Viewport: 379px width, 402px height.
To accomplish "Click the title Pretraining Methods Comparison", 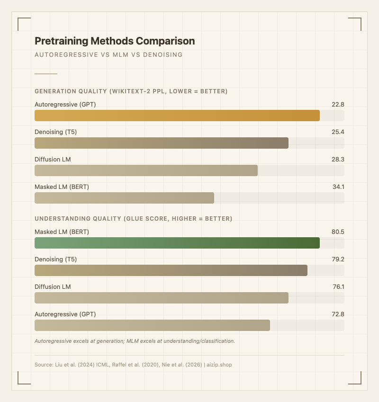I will [115, 41].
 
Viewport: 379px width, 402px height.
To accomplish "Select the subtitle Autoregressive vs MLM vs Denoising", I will [108, 55].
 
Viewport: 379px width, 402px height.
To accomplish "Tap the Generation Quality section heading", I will [131, 91].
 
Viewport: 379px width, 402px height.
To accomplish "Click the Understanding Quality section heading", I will [133, 218].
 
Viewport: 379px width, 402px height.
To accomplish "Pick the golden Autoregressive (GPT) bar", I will [177, 116].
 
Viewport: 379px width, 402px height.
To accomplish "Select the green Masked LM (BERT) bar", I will [177, 243].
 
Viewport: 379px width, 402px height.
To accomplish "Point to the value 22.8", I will [338, 105].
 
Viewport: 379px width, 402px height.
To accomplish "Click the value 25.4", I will [338, 132].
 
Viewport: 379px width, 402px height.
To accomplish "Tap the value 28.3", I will [338, 160].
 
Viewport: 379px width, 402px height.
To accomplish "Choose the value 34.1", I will [338, 187].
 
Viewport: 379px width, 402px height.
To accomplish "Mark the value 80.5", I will [338, 232].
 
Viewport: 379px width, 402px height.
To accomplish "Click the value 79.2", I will [338, 259].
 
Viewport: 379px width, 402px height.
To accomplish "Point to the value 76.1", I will [338, 287].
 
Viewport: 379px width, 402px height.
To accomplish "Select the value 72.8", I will [338, 314].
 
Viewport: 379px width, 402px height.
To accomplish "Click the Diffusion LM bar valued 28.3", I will [146, 170].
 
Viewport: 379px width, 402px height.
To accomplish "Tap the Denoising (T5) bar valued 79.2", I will [171, 270].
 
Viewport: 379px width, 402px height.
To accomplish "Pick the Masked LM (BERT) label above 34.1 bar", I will [62, 187].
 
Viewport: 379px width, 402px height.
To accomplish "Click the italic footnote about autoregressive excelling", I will [135, 341].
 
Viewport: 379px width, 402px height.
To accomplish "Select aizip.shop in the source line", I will [219, 365].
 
